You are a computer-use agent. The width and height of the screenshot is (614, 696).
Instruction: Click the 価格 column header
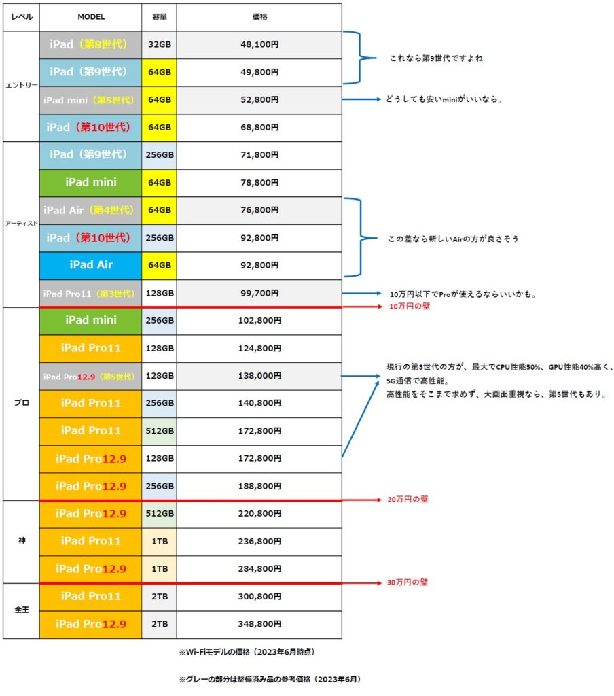point(259,17)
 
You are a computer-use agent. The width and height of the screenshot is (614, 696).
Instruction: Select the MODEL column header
point(91,17)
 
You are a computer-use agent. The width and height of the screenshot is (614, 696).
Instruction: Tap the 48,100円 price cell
point(259,44)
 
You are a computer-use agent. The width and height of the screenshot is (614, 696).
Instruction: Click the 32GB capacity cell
point(159,44)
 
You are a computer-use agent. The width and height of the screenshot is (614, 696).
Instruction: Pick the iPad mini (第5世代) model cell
point(90,100)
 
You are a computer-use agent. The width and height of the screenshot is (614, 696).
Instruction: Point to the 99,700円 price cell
point(259,293)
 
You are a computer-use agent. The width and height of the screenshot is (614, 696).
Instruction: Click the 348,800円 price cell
point(259,624)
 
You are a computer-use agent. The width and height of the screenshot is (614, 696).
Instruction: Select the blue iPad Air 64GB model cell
point(90,266)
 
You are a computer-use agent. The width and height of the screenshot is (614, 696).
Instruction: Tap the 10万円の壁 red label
point(410,307)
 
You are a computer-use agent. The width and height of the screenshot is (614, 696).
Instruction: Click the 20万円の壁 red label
point(408,500)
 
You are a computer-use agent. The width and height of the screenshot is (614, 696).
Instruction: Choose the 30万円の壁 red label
point(408,582)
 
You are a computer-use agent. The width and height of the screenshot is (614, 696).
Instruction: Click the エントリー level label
point(21,85)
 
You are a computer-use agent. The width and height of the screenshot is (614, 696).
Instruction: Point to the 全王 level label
point(21,610)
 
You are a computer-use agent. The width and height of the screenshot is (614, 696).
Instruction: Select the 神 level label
point(22,540)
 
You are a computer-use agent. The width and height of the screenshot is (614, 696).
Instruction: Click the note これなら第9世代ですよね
point(436,58)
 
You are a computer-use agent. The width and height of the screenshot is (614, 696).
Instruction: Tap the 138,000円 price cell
point(259,376)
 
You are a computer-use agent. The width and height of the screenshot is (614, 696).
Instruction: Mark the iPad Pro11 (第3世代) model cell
point(90,294)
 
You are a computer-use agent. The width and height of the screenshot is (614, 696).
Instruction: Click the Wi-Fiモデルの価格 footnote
point(247,652)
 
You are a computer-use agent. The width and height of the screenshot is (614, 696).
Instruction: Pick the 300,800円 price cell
point(259,597)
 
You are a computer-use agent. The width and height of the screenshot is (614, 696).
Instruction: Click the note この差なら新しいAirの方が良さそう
point(454,239)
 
